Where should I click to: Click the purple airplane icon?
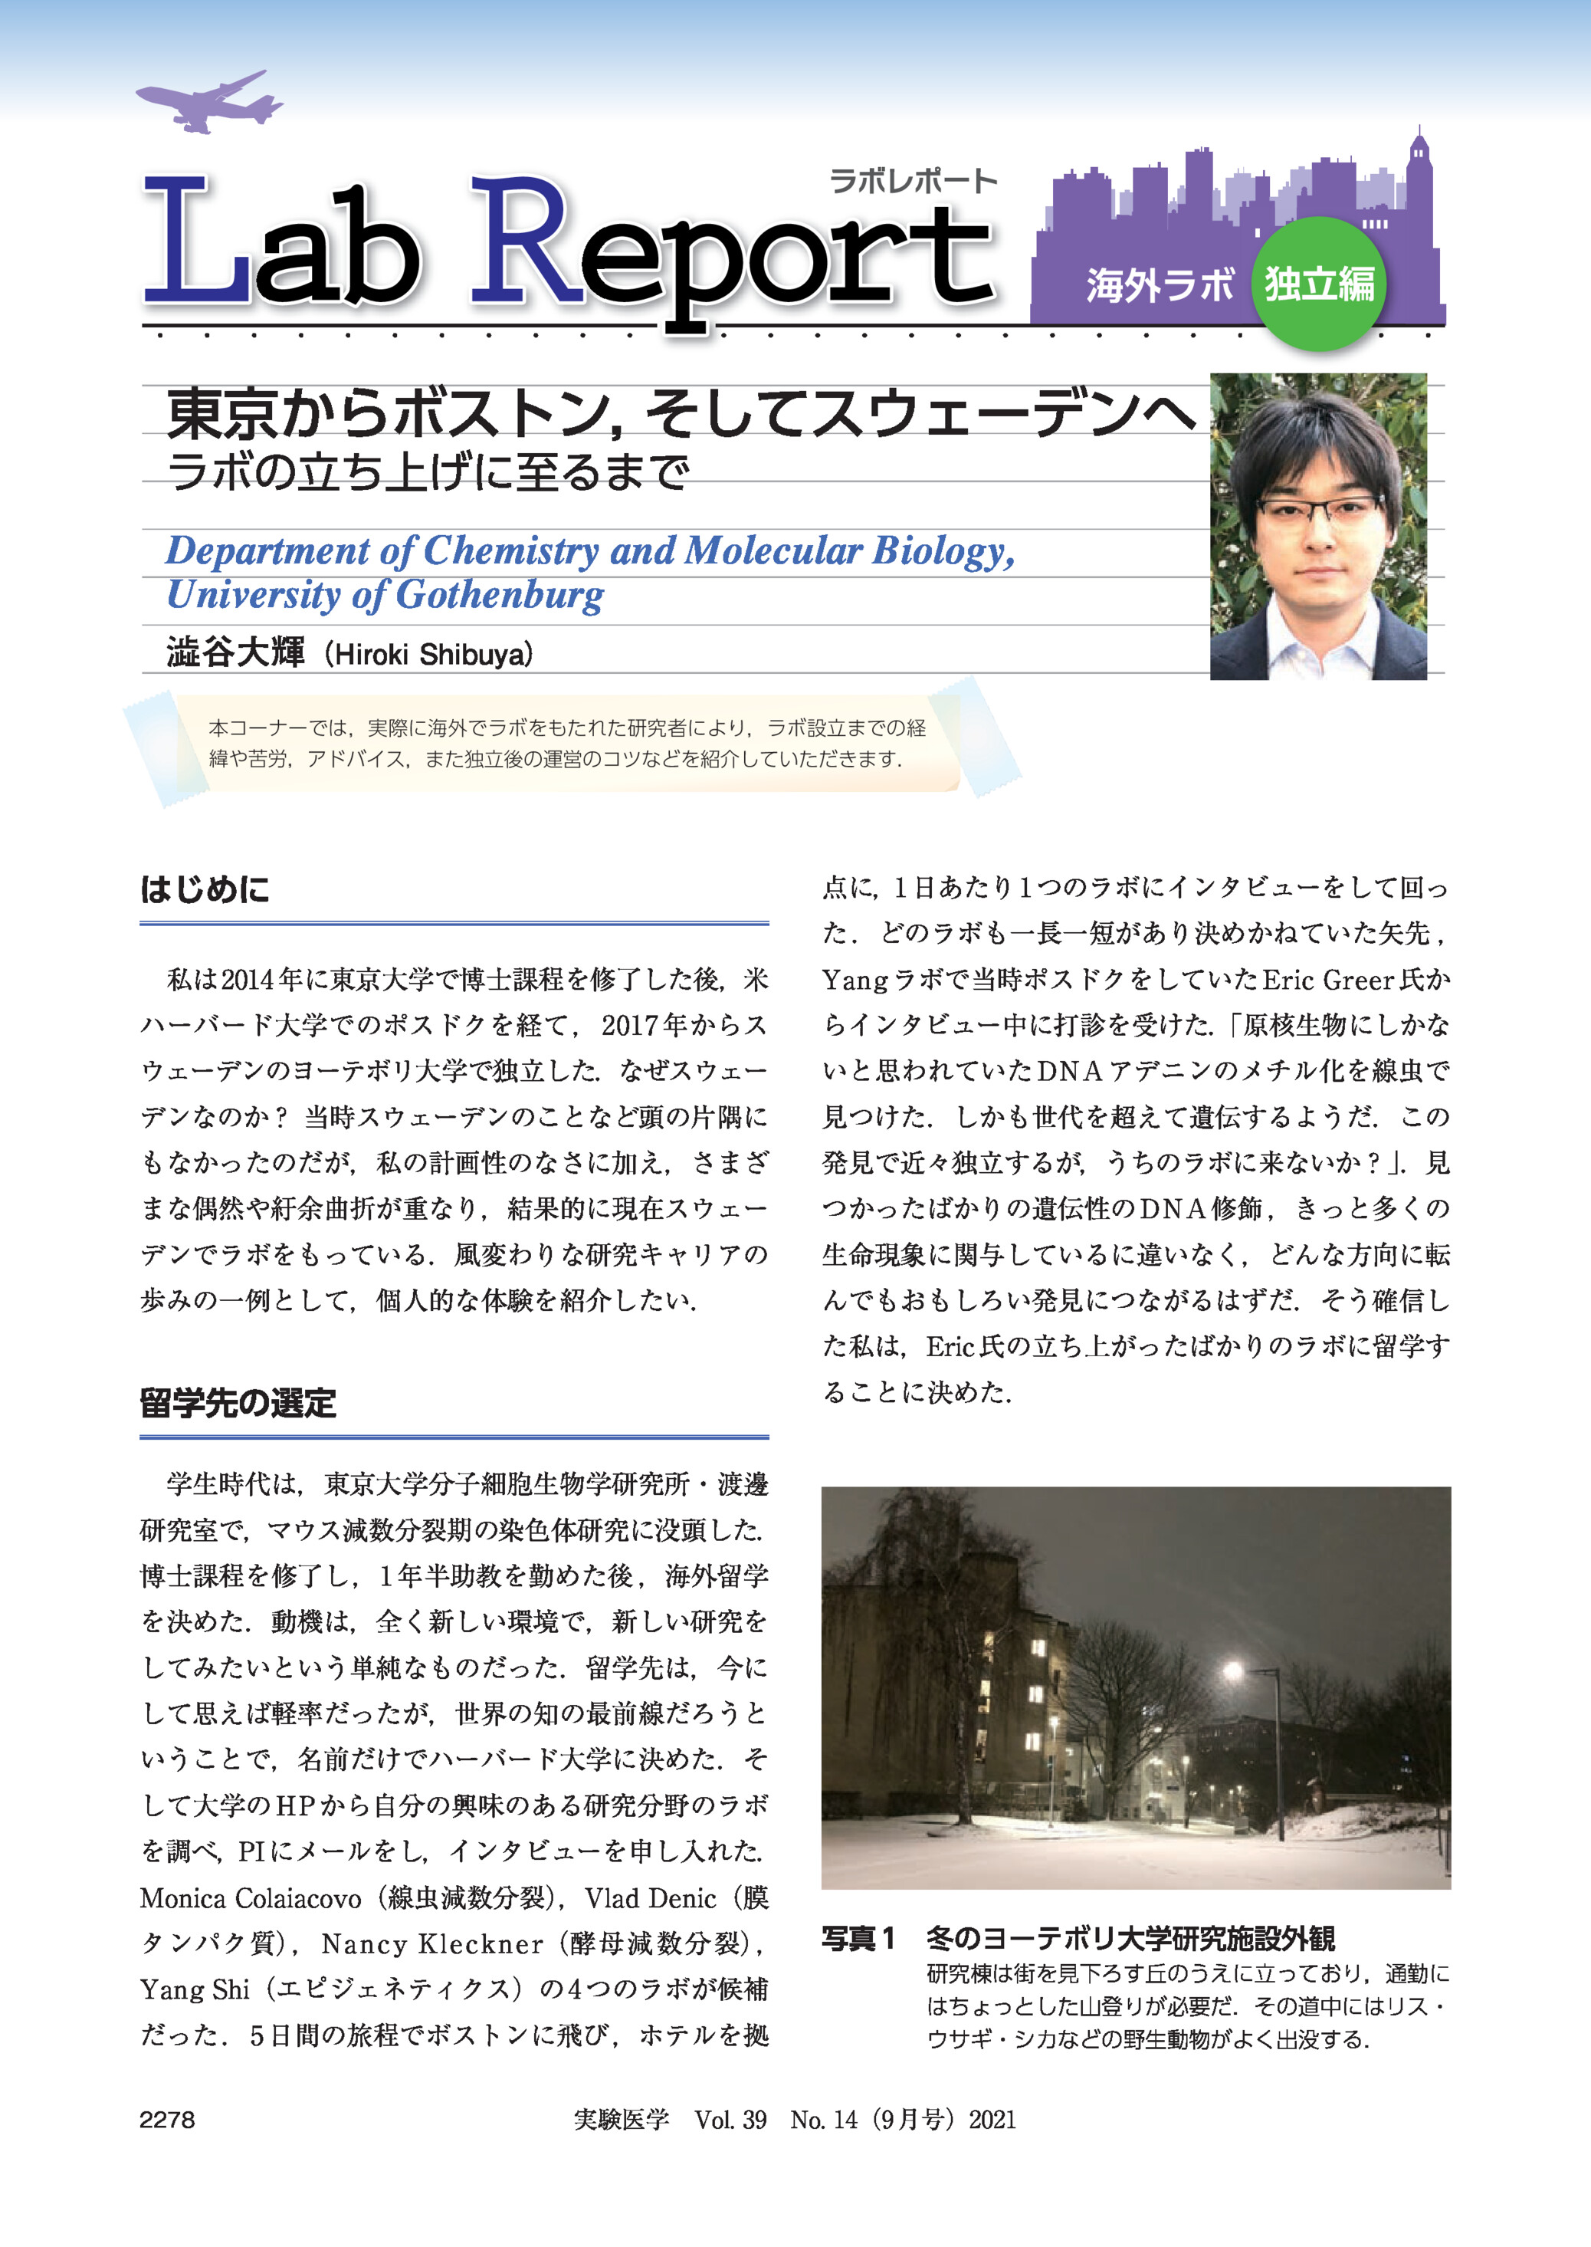208,102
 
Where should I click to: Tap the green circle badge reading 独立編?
1319,284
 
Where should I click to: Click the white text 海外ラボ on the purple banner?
1159,285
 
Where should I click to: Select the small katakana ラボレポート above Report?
912,181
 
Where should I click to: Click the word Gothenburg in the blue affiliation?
500,596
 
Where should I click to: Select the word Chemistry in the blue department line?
510,550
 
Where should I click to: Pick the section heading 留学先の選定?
238,1403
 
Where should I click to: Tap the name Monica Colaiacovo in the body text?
251,1898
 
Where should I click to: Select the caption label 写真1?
858,1938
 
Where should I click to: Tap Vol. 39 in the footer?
730,2120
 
